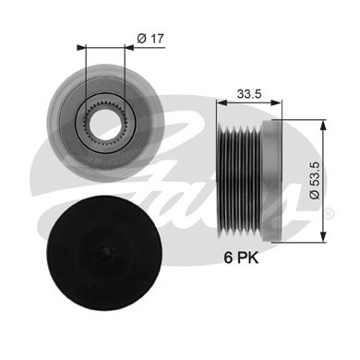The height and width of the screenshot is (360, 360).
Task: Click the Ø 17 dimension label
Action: [x=150, y=39]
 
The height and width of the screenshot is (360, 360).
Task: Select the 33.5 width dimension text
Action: [x=249, y=94]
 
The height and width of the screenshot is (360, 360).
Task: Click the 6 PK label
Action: [x=241, y=258]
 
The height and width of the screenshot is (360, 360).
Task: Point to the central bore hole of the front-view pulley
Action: [x=104, y=121]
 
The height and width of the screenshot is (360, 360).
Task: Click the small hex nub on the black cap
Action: [x=104, y=253]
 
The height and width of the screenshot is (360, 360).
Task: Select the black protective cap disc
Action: [x=104, y=253]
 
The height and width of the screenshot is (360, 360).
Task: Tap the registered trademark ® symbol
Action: [x=329, y=213]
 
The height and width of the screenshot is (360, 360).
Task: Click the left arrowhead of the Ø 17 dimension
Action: [x=80, y=47]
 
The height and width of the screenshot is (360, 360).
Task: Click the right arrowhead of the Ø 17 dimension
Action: [x=129, y=47]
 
